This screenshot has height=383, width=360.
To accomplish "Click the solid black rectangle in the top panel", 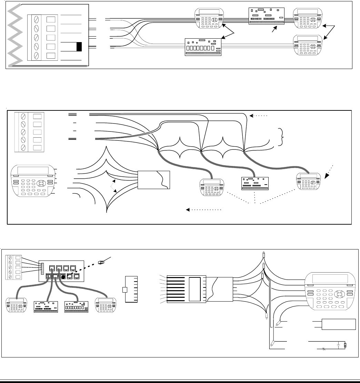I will click(x=79, y=47).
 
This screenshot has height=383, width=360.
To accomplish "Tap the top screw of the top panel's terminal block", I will click(x=37, y=20).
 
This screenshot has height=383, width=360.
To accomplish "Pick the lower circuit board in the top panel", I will click(x=203, y=47).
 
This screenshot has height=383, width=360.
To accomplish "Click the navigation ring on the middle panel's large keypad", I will click(x=42, y=182).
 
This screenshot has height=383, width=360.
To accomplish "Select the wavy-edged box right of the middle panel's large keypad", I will click(x=153, y=179).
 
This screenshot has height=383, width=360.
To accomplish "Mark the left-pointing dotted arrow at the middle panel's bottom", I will click(x=203, y=209).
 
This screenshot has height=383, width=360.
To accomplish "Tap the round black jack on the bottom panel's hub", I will click(x=63, y=276).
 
